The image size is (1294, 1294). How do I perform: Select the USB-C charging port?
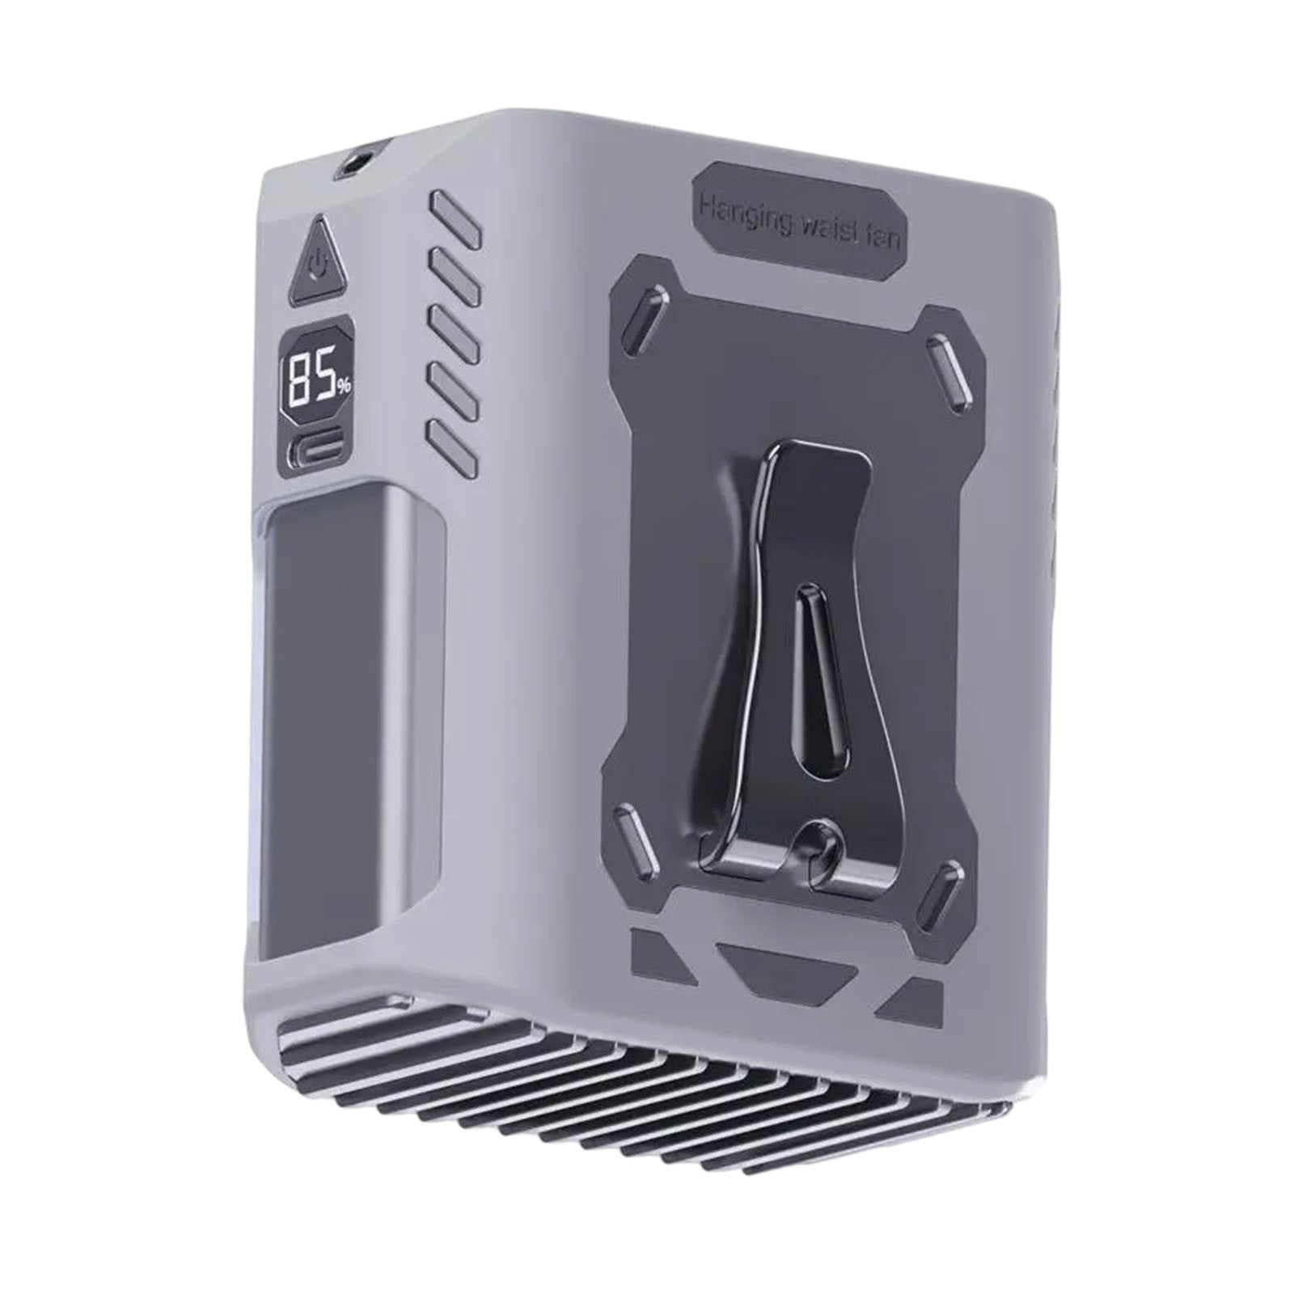316,452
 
